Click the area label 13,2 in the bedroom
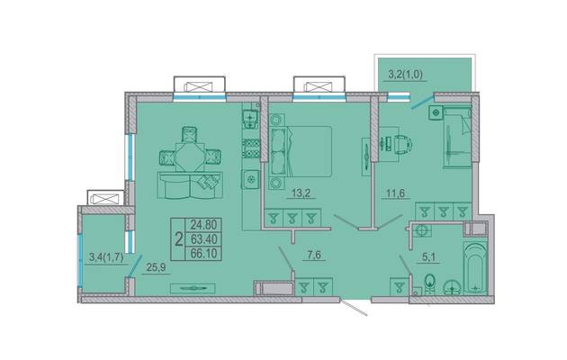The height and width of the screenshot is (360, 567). click(301, 193)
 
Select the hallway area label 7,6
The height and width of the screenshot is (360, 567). click(313, 255)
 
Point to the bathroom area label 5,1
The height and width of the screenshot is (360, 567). click(429, 257)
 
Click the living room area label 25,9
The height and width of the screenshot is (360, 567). click(157, 267)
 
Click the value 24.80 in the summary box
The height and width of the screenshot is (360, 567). click(203, 225)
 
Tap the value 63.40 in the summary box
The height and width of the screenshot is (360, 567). click(203, 238)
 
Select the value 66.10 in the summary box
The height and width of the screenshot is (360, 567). click(203, 254)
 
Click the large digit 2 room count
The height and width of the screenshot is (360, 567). click(178, 238)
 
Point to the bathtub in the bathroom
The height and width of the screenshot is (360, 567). click(475, 268)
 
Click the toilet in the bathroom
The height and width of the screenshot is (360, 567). click(430, 283)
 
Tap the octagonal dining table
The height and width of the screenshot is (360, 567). click(190, 157)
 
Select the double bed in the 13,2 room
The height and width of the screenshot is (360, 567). click(300, 151)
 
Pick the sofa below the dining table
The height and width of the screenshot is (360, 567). click(190, 185)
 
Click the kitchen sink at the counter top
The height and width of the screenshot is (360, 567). click(250, 120)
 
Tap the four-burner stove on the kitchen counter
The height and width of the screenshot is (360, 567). click(250, 148)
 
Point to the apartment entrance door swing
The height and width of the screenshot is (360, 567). click(355, 307)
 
